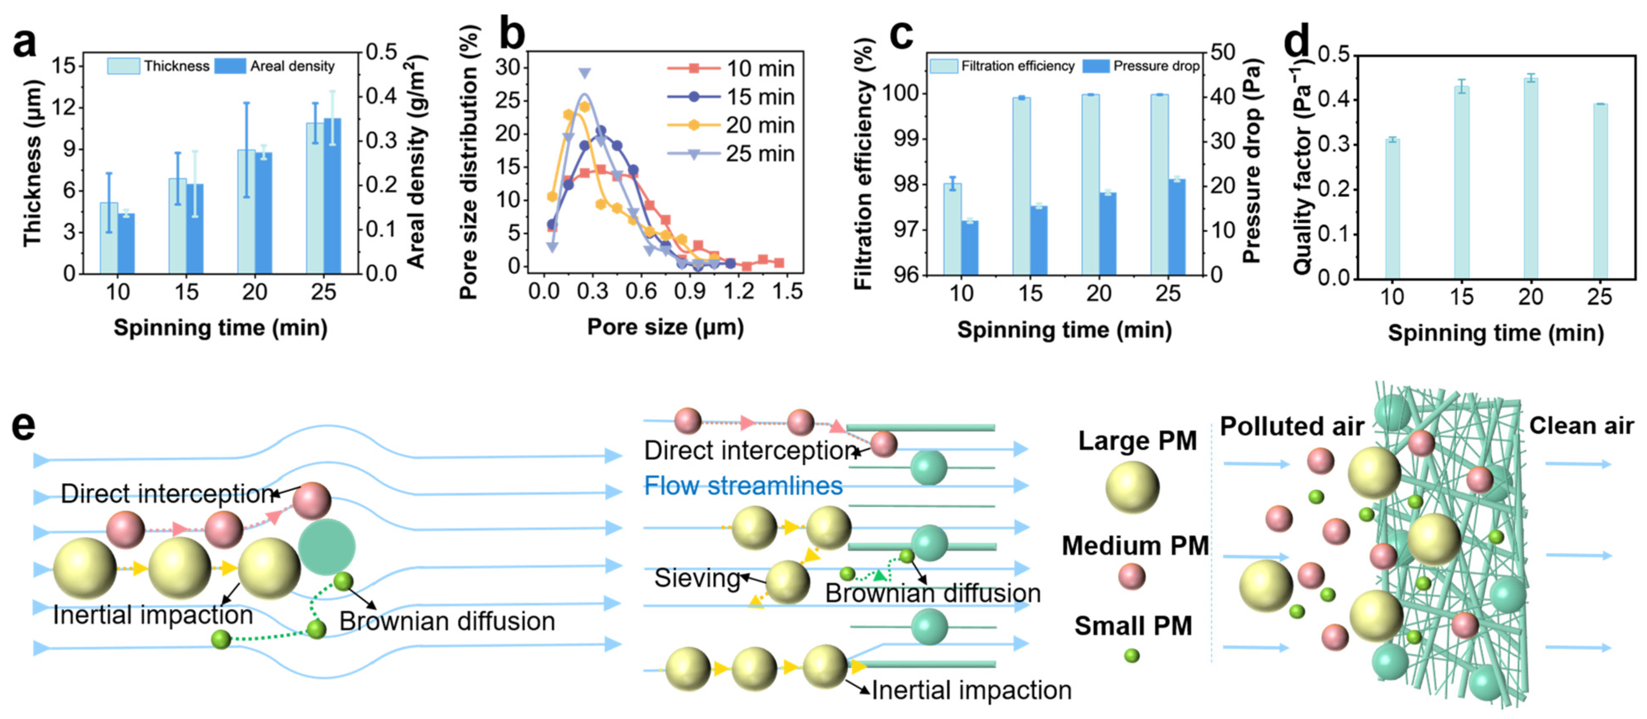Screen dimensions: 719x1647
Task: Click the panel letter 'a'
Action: (x=24, y=44)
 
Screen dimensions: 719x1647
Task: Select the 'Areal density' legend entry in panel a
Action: (x=275, y=66)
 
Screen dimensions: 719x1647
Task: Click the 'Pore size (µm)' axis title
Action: (x=665, y=327)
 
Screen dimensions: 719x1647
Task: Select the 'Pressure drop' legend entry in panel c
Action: (x=1141, y=66)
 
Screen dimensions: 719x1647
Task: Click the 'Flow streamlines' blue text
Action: (x=743, y=485)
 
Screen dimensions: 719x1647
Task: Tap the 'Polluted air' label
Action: (x=1291, y=426)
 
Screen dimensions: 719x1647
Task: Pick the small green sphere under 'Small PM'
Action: (x=1132, y=655)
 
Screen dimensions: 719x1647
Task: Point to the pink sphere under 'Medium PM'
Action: (x=1132, y=576)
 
